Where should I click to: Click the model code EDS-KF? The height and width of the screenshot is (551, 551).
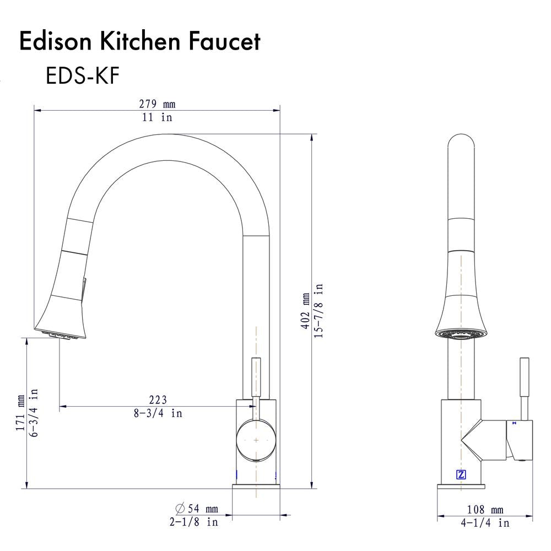tap(82, 77)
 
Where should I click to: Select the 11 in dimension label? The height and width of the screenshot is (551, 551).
tap(157, 117)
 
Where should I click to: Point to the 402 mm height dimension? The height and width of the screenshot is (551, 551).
tap(305, 311)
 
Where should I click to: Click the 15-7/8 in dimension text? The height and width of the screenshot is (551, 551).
tap(319, 311)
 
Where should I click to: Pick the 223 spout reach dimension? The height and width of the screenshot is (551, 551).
tap(158, 400)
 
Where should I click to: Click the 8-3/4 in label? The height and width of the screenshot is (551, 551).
tap(158, 413)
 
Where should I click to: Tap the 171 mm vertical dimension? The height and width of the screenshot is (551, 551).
tap(21, 413)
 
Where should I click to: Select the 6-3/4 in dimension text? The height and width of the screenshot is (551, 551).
tap(34, 413)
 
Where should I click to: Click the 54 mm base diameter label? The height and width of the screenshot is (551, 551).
tap(197, 509)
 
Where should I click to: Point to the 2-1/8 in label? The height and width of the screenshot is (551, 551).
tap(193, 522)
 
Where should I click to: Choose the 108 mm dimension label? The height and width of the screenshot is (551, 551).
tap(485, 510)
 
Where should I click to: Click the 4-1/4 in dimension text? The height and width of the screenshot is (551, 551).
tap(485, 523)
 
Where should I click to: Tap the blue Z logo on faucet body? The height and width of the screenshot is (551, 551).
tap(461, 474)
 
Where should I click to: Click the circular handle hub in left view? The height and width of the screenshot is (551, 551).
tap(256, 441)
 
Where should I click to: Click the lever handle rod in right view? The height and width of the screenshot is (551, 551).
tap(525, 386)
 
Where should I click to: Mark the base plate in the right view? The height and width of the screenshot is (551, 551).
tap(462, 486)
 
